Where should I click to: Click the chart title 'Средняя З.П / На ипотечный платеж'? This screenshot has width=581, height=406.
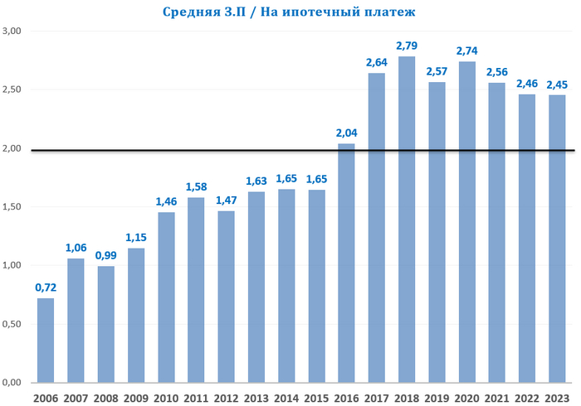point(290,12)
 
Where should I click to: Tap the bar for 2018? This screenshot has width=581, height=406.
point(407,220)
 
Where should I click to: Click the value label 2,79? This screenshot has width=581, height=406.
point(407,45)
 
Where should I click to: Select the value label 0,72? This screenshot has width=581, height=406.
point(46,287)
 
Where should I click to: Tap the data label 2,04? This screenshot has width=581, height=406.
point(347,133)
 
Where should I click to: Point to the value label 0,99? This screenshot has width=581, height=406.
point(105,255)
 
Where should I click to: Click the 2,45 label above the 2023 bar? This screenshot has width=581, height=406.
point(558,84)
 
